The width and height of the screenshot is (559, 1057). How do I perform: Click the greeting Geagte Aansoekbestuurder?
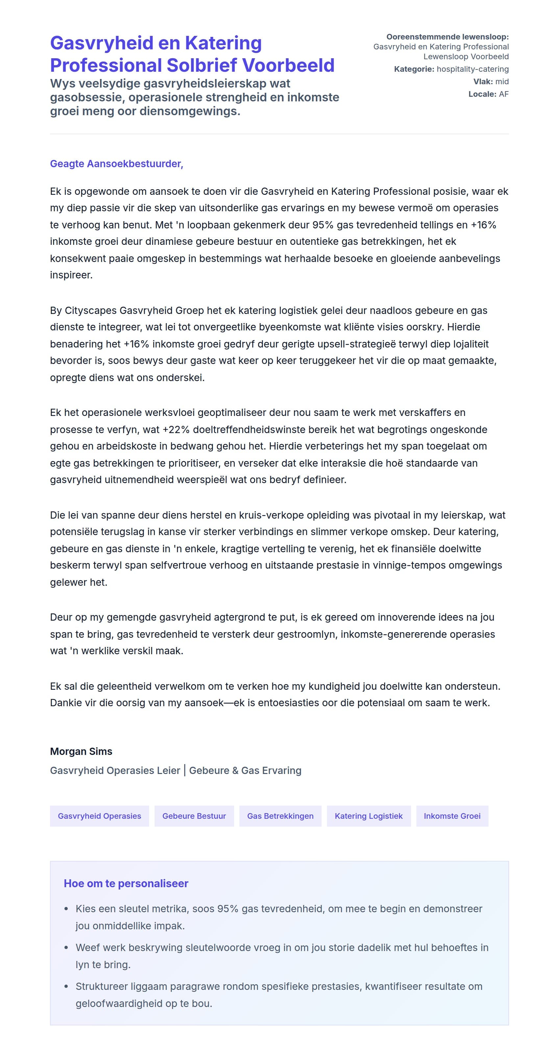[x=116, y=164]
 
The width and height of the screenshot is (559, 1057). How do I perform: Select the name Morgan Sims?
[x=81, y=751]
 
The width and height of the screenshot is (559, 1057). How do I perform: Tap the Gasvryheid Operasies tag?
[x=99, y=816]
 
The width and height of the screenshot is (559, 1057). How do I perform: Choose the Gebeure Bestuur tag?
[x=194, y=816]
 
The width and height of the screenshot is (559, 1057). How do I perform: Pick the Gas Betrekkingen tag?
[x=280, y=816]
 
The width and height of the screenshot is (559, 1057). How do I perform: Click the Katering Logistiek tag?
[x=368, y=816]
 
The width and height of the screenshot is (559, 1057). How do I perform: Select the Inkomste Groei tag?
[x=452, y=816]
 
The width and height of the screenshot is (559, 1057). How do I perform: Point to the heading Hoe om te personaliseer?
[x=126, y=884]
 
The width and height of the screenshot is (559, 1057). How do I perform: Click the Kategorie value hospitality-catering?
[x=473, y=69]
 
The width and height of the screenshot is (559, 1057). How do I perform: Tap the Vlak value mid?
[x=502, y=81]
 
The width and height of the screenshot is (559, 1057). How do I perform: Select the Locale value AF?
[x=504, y=94]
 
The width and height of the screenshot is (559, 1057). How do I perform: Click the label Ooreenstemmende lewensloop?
[x=447, y=37]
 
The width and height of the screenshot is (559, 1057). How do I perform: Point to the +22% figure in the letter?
[x=176, y=429]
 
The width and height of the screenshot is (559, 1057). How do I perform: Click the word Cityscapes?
[x=90, y=310]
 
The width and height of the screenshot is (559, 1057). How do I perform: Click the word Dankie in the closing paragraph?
[x=64, y=703]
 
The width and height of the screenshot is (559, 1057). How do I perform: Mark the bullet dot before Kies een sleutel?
[x=66, y=909]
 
